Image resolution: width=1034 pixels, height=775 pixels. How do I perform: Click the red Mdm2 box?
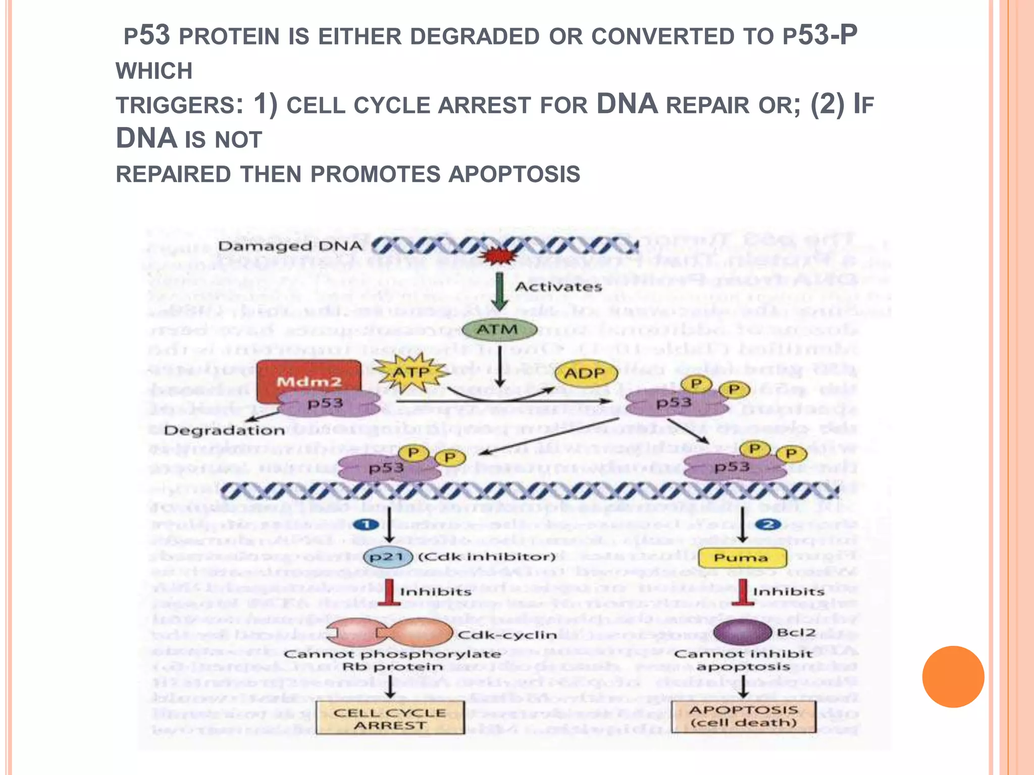click(308, 378)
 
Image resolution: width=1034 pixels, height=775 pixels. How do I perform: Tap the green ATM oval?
click(499, 329)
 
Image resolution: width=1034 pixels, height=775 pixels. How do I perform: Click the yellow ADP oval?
click(586, 374)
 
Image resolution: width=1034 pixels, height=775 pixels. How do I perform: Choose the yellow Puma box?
click(742, 558)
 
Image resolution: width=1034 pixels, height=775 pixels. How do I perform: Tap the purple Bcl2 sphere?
click(742, 632)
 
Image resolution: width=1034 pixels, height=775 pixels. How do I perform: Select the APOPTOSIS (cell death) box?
click(743, 716)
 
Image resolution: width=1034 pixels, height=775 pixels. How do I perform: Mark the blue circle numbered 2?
click(768, 525)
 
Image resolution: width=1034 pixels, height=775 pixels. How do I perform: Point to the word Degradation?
click(225, 431)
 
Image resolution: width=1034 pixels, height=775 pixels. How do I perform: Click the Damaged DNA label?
click(290, 246)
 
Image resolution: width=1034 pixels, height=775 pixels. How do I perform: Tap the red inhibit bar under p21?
click(389, 592)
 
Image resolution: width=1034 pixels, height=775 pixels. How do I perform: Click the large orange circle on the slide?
click(953, 677)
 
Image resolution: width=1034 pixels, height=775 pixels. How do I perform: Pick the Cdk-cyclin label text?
click(507, 635)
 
